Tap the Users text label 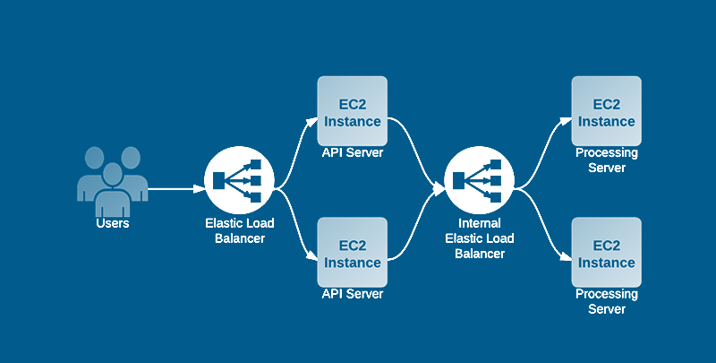pos(112,223)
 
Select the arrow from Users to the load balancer pos(175,189)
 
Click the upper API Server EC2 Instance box pos(353,111)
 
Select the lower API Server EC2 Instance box pos(353,252)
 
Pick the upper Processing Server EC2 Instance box pos(606,111)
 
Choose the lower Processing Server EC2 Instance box pos(606,252)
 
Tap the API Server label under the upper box pos(353,153)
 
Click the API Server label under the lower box pos(353,294)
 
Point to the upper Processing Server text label pos(606,160)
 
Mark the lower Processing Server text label pos(606,301)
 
